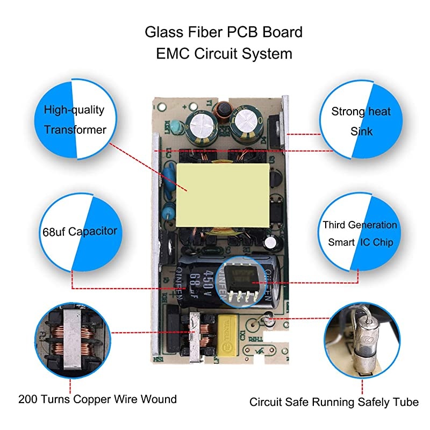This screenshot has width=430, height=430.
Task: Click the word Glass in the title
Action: (160, 32)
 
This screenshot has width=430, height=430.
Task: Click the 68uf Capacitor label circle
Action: (75, 232)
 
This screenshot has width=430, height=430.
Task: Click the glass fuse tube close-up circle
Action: (361, 341)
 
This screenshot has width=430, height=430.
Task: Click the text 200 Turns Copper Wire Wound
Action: (97, 399)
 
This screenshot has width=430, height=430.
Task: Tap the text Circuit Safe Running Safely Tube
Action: (334, 402)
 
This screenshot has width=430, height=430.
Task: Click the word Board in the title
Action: (282, 32)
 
